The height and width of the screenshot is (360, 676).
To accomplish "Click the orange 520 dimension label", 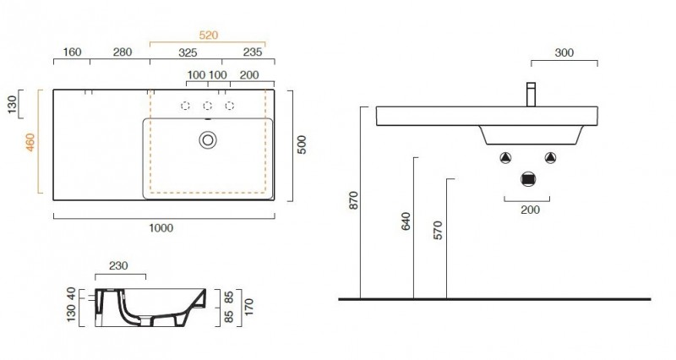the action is click(209, 35).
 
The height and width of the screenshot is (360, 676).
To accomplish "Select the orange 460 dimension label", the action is click(30, 142).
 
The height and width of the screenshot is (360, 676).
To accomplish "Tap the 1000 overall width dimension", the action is click(161, 227).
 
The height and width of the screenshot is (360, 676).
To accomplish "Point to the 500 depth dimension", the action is click(302, 145).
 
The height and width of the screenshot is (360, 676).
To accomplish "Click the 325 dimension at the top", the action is click(188, 52).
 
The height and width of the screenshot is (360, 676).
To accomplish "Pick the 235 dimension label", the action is click(252, 52).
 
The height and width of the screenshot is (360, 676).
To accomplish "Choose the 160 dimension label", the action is click(72, 52).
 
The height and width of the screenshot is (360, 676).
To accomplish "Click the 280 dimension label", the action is click(123, 52).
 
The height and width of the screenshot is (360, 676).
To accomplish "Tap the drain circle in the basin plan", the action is click(208, 140).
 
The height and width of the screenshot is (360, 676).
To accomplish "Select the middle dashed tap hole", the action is click(208, 106).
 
